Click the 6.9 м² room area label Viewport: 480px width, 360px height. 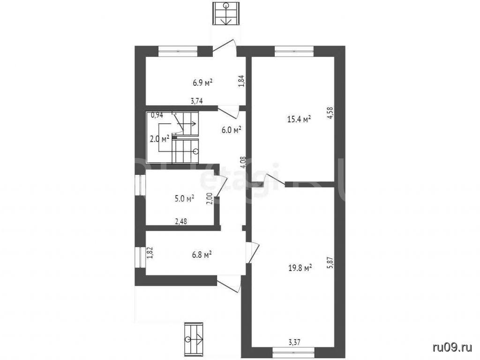tap(202, 82)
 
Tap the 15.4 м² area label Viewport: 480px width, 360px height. tap(300, 119)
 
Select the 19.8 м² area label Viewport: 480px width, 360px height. tap(300, 268)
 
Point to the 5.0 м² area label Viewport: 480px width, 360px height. tap(185, 199)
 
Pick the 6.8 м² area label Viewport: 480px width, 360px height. tap(202, 255)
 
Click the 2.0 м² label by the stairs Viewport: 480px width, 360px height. tap(159, 139)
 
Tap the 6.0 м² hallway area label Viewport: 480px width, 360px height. tap(232, 130)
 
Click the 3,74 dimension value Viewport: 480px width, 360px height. tap(197, 101)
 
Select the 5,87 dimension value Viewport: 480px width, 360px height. tap(330, 262)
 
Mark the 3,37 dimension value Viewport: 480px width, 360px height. tap(294, 342)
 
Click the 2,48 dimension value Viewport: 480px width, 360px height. tap(181, 221)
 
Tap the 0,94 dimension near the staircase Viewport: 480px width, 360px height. tap(157, 115)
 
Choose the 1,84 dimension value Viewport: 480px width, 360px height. tap(241, 82)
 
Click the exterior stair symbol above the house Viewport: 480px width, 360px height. tap(226, 13)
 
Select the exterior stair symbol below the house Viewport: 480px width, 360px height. tap(194, 339)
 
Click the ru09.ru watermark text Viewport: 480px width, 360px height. tap(452, 347)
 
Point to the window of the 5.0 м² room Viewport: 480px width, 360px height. tap(140, 185)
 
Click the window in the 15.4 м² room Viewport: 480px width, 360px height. tap(294, 51)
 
